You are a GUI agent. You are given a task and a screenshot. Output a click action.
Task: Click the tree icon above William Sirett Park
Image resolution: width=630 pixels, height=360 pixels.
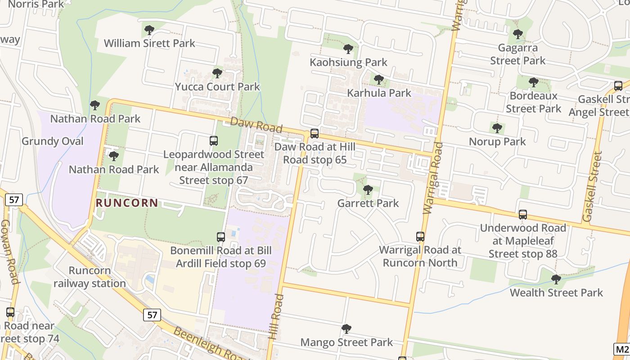point(149,31)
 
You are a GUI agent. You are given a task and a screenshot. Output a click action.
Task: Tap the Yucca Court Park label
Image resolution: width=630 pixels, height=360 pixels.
point(217,86)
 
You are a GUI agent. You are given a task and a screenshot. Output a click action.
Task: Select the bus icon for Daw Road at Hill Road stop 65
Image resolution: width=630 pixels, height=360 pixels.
point(315,134)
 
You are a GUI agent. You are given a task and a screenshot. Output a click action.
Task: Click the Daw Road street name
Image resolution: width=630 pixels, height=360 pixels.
point(256,125)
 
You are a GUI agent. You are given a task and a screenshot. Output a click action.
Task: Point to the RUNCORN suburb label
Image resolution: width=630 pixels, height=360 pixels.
point(127,203)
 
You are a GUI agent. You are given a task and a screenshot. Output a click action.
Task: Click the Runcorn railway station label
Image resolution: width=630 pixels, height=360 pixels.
point(90,277)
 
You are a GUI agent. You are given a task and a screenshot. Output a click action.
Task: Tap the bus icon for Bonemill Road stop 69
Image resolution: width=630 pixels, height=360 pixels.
point(221,237)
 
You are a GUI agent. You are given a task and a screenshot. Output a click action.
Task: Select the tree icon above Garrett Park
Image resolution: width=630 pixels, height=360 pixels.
point(368,190)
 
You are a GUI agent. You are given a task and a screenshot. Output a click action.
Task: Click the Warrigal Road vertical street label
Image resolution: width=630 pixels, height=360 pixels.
point(432,178)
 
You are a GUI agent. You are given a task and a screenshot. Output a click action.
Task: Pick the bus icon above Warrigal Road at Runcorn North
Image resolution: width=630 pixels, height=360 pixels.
point(420,237)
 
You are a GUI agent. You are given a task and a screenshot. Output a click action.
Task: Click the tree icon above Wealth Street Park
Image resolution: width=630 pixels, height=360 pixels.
point(556,279)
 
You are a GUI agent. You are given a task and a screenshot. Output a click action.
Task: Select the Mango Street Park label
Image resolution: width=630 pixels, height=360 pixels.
point(346,342)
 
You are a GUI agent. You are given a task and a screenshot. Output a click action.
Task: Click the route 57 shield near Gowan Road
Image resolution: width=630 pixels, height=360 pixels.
point(14,200)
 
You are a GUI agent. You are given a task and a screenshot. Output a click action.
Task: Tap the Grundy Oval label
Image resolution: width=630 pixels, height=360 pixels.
point(53,141)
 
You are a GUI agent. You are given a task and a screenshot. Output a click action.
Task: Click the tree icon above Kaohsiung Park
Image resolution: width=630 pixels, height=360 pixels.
point(348,49)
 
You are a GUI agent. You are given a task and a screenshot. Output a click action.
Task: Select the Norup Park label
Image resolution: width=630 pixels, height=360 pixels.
point(497,142)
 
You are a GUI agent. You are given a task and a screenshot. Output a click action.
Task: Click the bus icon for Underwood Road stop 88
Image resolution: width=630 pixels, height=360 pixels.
point(523,215)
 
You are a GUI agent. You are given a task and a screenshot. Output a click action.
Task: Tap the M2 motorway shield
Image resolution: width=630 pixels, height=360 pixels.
point(622,349)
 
